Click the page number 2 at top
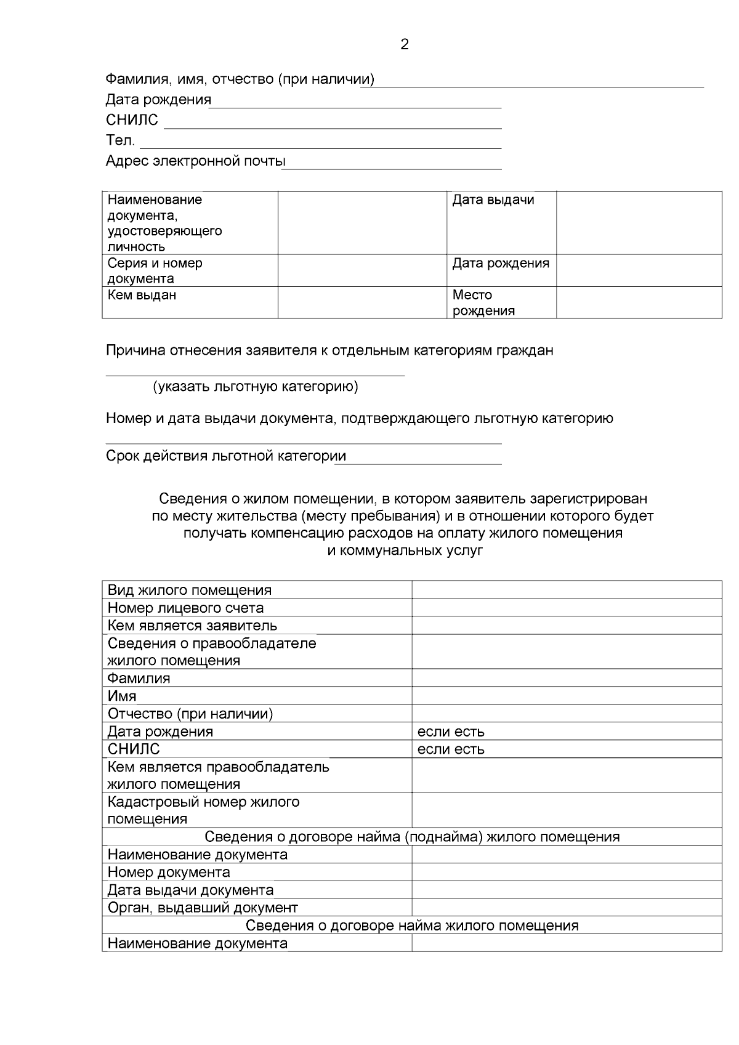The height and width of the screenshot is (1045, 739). (404, 44)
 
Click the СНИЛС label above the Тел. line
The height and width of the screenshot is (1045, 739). (132, 120)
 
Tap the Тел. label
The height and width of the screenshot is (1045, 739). (120, 140)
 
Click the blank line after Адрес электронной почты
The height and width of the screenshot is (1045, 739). (393, 164)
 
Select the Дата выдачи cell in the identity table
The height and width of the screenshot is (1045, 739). (493, 200)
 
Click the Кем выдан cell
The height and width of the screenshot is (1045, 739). (142, 296)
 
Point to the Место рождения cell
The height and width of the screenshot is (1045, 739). (483, 303)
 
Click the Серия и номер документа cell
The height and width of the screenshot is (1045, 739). (155, 271)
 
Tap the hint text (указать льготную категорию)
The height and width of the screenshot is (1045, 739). (256, 387)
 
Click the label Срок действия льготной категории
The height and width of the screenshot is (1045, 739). (225, 456)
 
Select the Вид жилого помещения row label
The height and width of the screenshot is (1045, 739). (190, 590)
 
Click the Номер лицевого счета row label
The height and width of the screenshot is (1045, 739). (185, 608)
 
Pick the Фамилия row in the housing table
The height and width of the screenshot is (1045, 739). (139, 678)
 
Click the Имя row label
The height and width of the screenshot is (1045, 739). (122, 696)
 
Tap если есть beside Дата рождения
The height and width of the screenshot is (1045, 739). (451, 732)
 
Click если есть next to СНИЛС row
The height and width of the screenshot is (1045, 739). (451, 749)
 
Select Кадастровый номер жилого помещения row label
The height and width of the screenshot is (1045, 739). (203, 810)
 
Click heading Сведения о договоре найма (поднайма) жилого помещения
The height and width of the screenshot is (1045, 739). (411, 837)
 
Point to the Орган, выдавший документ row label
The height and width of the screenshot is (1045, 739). (203, 908)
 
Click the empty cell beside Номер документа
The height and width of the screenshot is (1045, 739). (566, 873)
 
